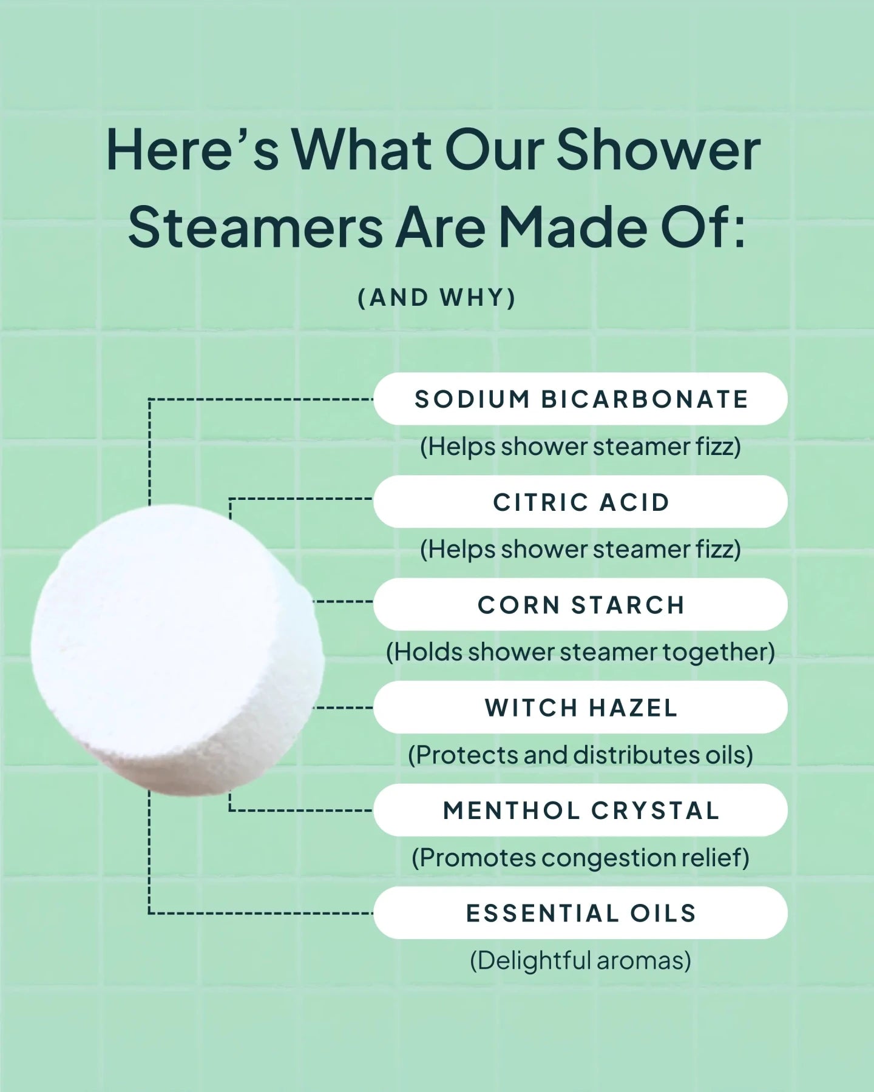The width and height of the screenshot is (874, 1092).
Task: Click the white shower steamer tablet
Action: (x=176, y=649)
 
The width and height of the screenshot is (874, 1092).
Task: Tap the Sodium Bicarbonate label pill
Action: (x=580, y=399)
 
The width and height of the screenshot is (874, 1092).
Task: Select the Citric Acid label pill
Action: (x=580, y=502)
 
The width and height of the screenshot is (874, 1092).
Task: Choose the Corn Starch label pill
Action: (x=580, y=605)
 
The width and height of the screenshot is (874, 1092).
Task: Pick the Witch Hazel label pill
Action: (x=580, y=707)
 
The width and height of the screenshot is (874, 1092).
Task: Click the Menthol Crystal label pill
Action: (x=580, y=811)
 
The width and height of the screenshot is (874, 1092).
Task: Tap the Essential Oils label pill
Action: (x=580, y=913)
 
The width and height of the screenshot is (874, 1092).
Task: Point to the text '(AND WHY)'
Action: (x=436, y=298)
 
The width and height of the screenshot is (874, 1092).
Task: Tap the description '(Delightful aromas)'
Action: (x=580, y=960)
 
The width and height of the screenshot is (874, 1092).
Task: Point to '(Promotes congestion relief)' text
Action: (x=580, y=858)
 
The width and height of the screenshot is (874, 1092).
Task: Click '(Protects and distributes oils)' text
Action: (x=580, y=755)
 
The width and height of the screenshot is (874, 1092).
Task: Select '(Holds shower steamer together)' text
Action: (x=580, y=652)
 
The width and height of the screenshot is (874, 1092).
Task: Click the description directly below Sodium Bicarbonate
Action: (x=580, y=447)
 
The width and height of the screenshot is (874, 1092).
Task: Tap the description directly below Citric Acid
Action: (x=580, y=550)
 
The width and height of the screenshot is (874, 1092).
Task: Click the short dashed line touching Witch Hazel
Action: (x=345, y=707)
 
